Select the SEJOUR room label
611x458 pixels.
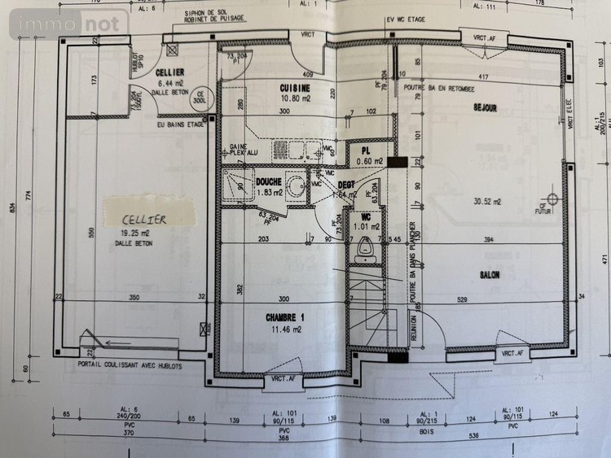tap(485, 107)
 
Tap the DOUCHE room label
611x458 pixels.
tap(269, 182)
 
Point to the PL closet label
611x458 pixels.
tap(367, 150)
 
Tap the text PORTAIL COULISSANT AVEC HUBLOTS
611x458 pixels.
tap(130, 364)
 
